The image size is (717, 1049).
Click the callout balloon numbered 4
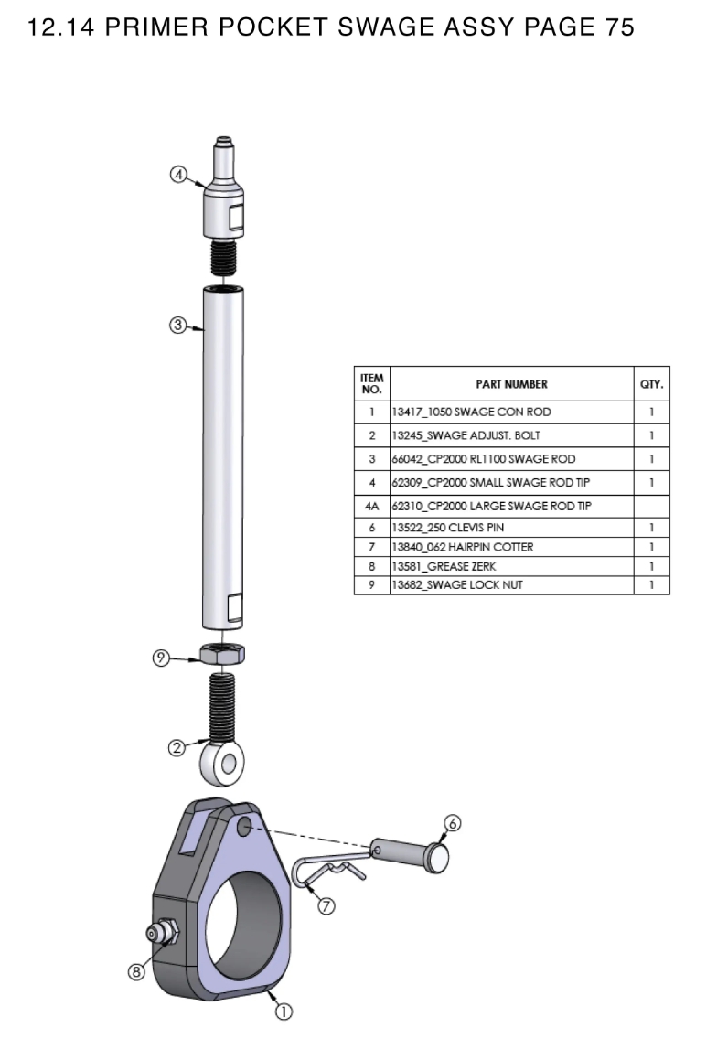click(x=179, y=173)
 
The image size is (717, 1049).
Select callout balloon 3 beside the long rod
click(x=178, y=325)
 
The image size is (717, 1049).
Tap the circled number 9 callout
click(x=161, y=657)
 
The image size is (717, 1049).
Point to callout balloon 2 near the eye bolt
click(x=177, y=748)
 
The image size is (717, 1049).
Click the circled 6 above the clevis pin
click(x=446, y=822)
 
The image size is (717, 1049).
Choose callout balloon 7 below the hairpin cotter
click(x=326, y=905)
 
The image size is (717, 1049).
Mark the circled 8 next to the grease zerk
click(x=136, y=973)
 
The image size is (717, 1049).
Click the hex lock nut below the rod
click(x=222, y=654)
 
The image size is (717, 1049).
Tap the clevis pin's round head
click(x=441, y=856)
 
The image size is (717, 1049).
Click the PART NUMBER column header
click(x=511, y=384)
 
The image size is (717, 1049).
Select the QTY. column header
click(x=652, y=384)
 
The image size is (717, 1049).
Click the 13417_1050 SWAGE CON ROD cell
click(x=471, y=412)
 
